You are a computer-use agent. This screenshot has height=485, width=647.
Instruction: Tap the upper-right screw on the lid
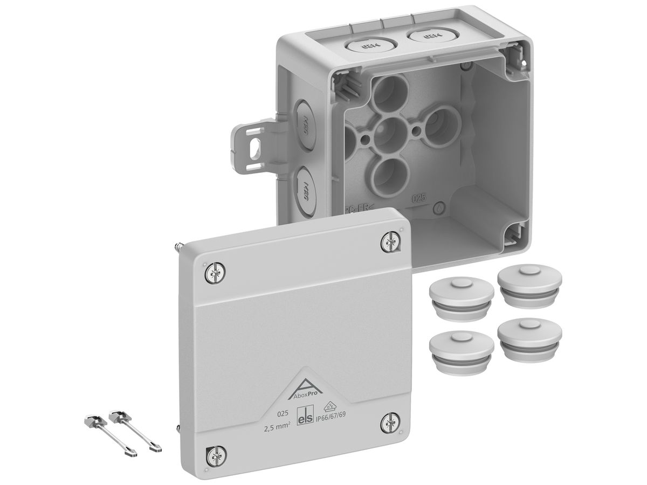390,241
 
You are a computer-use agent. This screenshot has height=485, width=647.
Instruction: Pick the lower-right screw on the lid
390,422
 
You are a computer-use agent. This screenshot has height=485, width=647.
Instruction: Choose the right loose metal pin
135,431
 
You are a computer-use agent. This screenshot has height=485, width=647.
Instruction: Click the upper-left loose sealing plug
461,297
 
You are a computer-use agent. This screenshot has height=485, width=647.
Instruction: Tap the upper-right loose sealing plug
529,285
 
